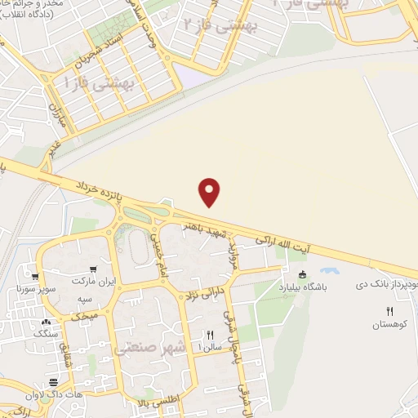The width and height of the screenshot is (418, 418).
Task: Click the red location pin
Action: (x=210, y=192)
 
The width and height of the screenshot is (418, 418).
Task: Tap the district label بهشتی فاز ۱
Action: (x=96, y=82)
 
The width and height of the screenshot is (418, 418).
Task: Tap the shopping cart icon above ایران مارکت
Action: (x=95, y=269)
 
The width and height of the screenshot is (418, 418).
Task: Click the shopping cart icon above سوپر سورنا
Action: (x=33, y=277)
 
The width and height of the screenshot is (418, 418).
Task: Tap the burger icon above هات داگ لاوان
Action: (x=54, y=383)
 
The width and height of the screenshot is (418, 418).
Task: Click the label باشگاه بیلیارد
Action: (x=305, y=287)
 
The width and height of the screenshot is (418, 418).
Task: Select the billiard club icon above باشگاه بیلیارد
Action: (x=304, y=274)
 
